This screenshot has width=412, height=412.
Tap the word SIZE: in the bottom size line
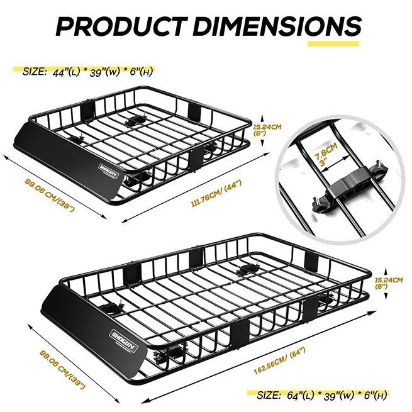click(269, 395)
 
